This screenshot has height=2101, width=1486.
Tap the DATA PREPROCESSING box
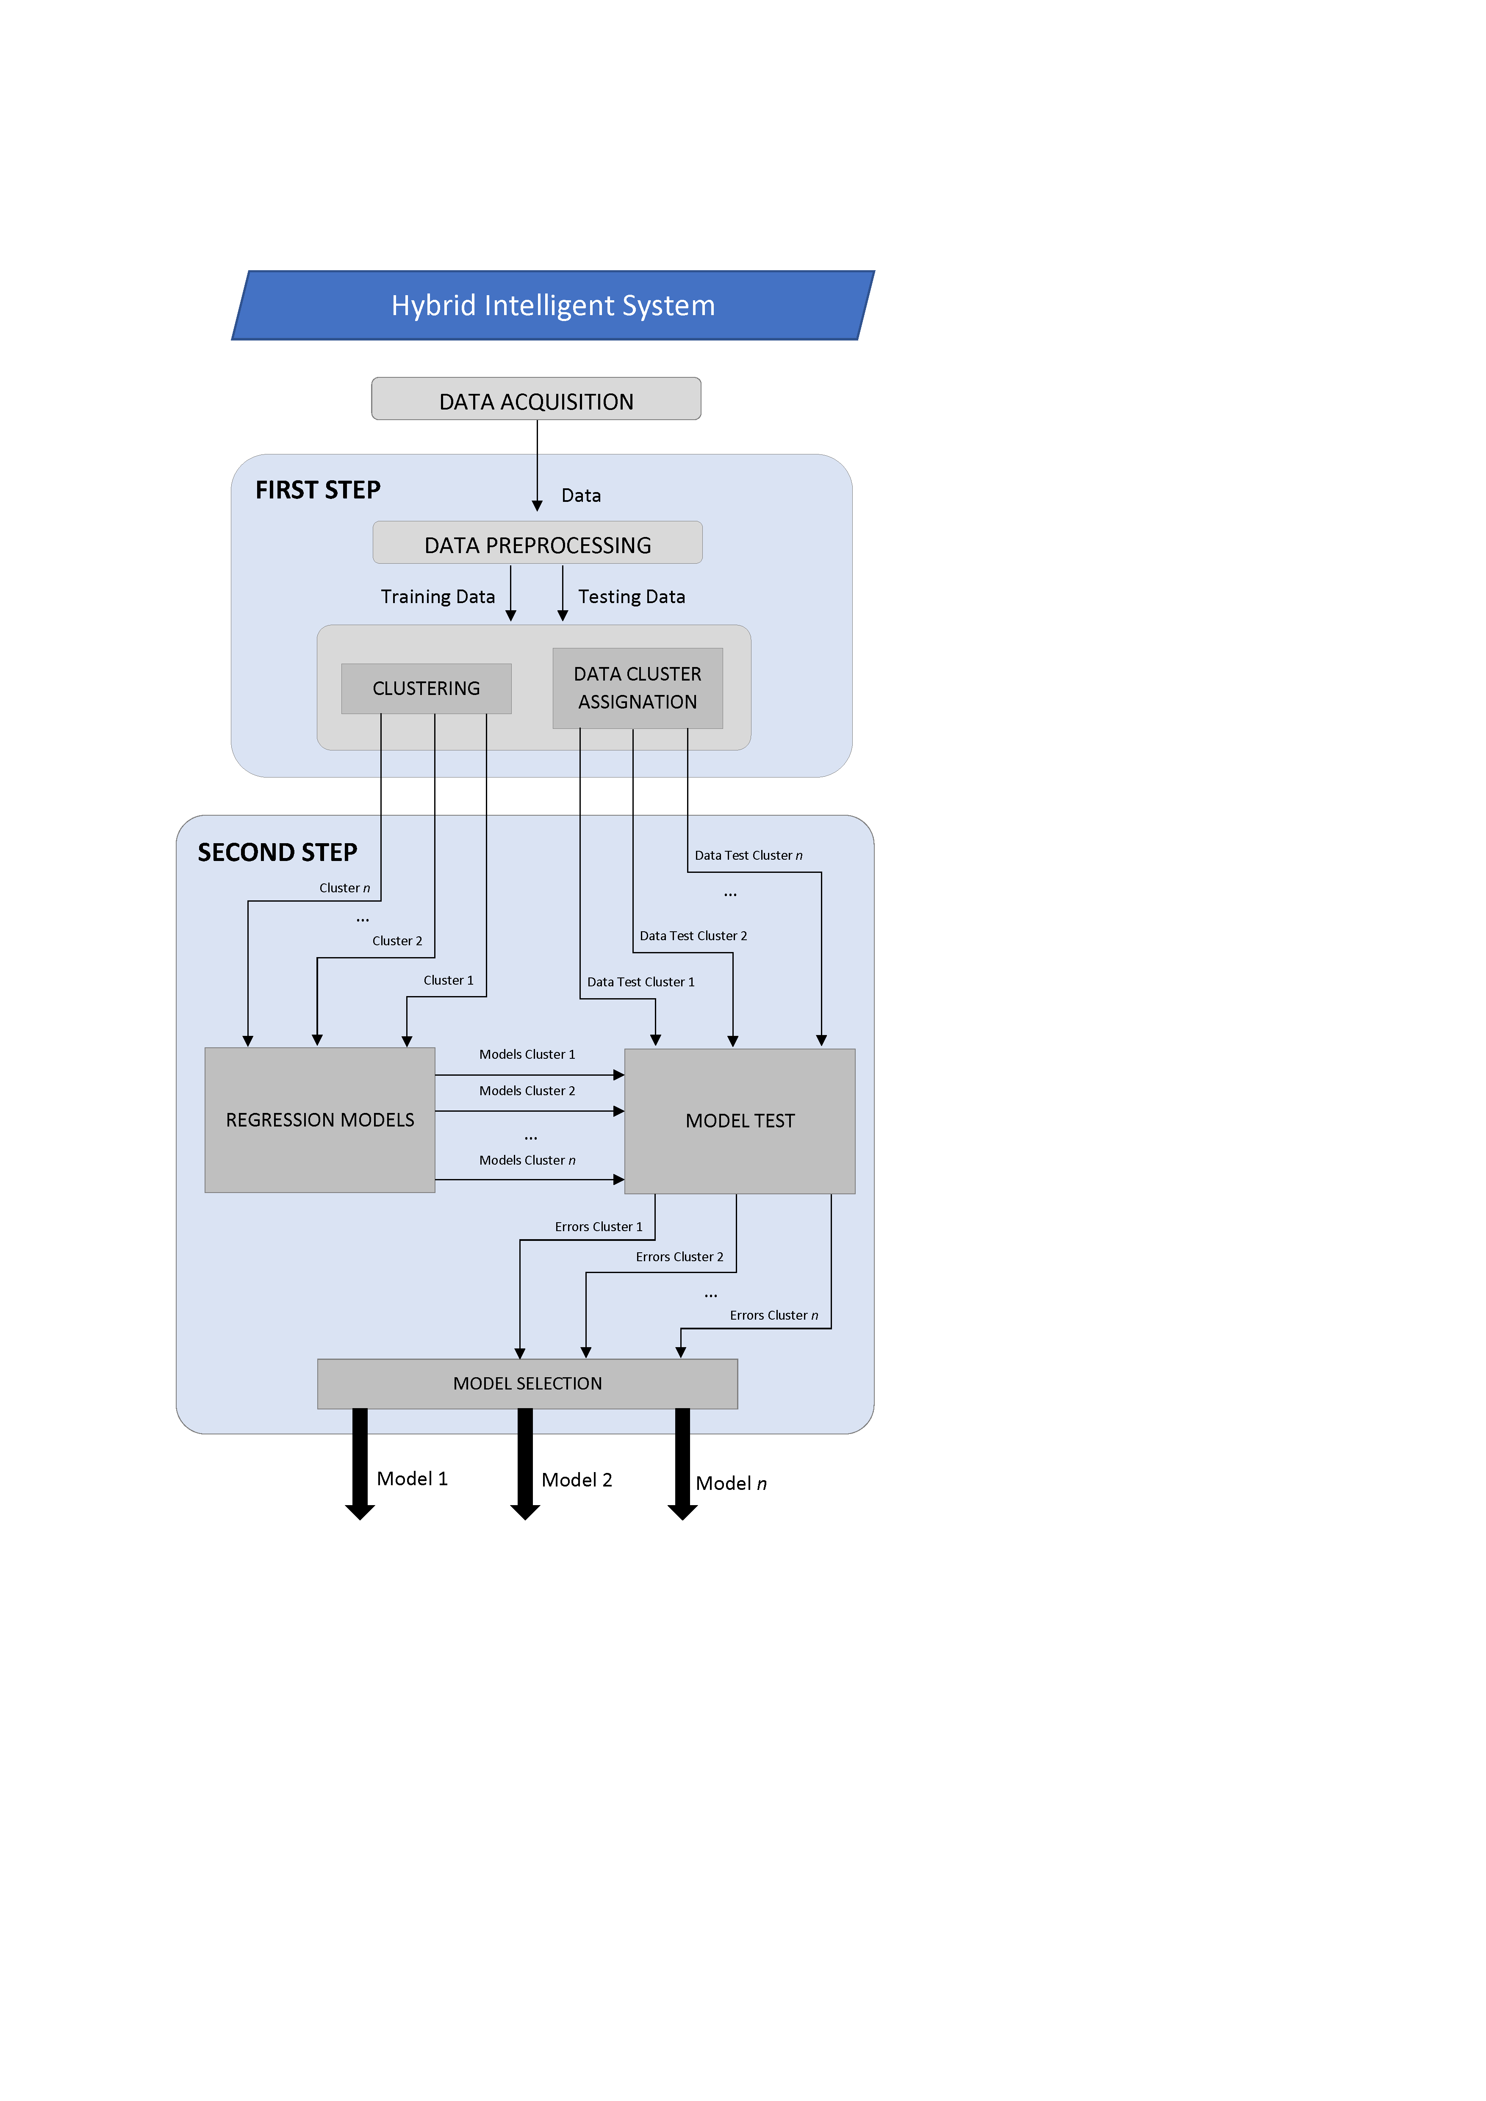(x=537, y=543)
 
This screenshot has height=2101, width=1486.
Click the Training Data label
(x=438, y=597)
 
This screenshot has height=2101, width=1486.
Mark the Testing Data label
(x=631, y=597)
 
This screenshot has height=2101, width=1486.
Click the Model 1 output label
(x=412, y=1479)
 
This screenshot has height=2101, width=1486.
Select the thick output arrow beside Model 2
(x=525, y=1464)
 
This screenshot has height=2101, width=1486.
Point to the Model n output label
(x=730, y=1484)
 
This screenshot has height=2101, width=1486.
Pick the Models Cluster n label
(x=527, y=1160)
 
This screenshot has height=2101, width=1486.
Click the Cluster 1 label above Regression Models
(x=448, y=980)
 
